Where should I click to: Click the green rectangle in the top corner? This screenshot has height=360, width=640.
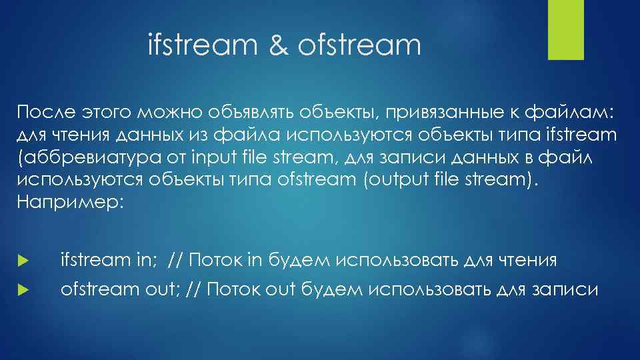tap(565, 30)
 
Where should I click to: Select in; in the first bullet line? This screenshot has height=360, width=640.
tap(144, 259)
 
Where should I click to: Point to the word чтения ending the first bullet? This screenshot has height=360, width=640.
tap(529, 259)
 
